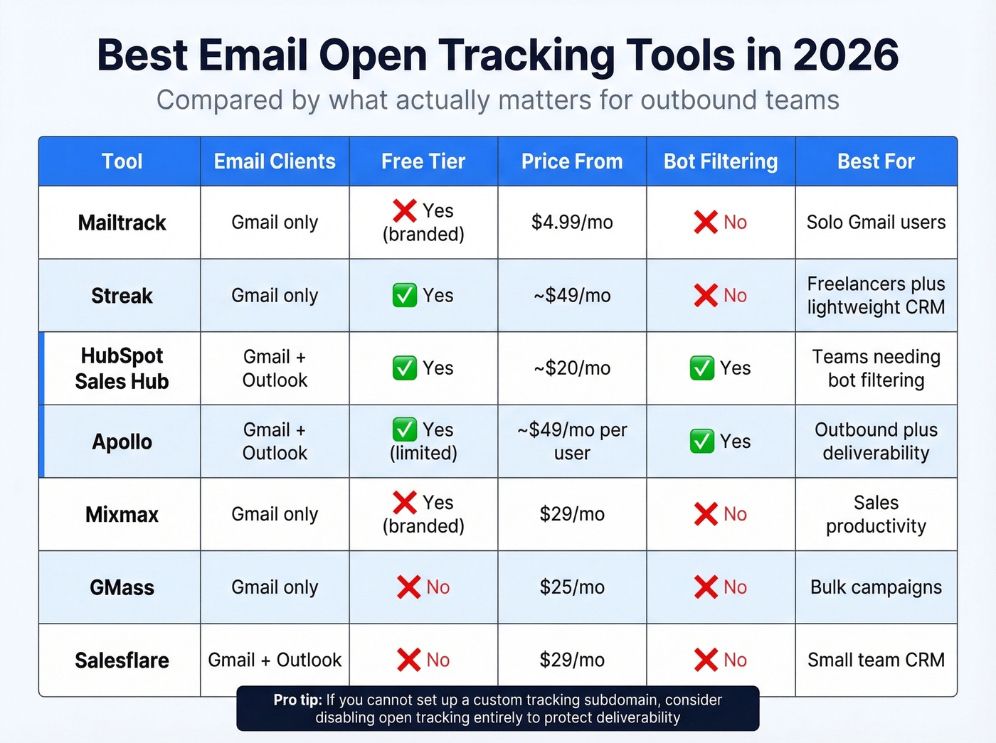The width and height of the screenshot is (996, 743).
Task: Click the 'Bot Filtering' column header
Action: coord(720,161)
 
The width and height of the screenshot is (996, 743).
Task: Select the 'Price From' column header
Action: coord(572,161)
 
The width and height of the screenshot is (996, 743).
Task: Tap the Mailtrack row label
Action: coord(122,223)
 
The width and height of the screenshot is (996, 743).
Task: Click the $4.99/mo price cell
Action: coord(572,223)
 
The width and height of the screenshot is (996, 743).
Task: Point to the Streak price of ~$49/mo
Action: coord(572,296)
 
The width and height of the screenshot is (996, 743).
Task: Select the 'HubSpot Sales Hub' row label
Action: coord(122,368)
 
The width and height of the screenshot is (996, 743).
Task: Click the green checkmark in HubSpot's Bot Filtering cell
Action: coord(702,368)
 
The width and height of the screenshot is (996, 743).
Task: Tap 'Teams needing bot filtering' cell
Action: coord(876,368)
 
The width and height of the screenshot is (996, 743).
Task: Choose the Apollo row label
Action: coord(122,442)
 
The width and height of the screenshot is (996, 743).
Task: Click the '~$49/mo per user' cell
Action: coord(572,442)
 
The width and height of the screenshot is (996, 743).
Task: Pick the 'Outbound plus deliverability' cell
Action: coord(876,442)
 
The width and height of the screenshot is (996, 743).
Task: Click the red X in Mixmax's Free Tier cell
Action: coord(404,503)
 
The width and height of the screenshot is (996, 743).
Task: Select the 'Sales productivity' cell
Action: coord(876,514)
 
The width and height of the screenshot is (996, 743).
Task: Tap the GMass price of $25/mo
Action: coord(572,587)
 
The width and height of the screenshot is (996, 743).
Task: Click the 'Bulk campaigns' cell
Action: coord(876,587)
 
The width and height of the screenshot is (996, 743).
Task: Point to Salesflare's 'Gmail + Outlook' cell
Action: coord(275,660)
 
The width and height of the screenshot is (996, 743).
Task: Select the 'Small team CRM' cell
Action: coord(876,660)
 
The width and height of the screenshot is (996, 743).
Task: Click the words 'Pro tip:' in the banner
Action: coord(297,700)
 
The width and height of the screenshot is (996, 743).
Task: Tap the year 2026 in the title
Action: coord(846,55)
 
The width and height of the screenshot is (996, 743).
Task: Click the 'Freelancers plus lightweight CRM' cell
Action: coord(876,296)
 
